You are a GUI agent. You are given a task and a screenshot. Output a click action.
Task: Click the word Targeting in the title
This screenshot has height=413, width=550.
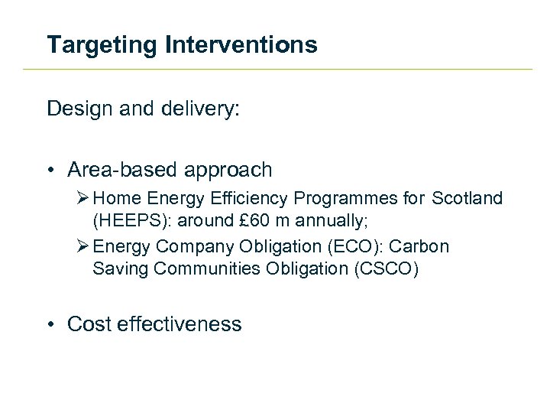pos(102,45)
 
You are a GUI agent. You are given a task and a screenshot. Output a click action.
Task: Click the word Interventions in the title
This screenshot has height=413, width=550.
pos(240,45)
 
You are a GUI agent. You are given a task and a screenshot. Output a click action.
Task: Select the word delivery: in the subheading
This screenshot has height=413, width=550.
pos(202,109)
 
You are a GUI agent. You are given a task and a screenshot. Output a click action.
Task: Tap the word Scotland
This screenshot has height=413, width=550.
pos(467,199)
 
